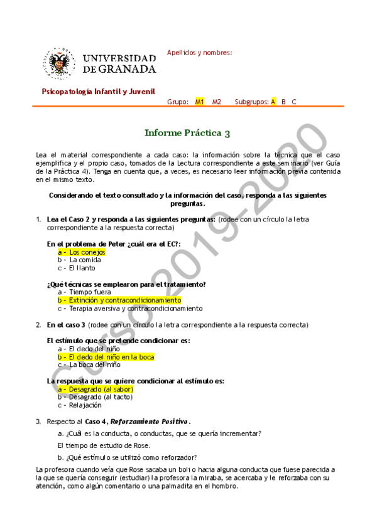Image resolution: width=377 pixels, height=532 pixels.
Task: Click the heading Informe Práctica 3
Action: point(187,132)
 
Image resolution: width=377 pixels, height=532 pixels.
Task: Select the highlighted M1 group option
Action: point(200,102)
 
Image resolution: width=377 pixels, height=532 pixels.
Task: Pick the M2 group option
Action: point(217,102)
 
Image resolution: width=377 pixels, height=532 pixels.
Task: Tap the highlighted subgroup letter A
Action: point(273,102)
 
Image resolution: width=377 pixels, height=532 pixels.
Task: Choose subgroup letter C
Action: point(294,102)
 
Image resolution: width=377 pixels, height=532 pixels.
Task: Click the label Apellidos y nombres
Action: point(199,53)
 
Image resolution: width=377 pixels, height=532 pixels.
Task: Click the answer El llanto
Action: point(79,268)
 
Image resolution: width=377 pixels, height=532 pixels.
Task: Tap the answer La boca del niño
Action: point(89,364)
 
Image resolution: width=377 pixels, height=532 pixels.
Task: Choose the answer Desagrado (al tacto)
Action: point(96,397)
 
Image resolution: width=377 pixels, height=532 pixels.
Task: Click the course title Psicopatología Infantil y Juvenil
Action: point(98,92)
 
